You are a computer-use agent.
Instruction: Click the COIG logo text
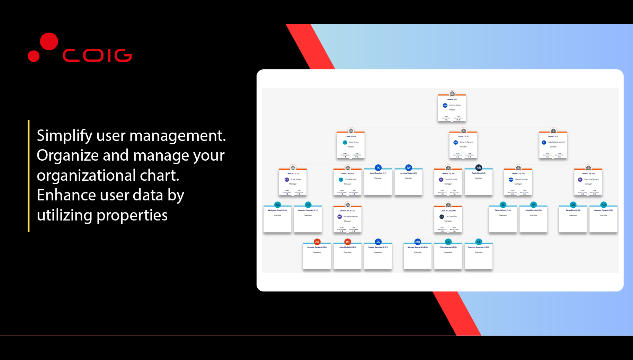click(x=97, y=55)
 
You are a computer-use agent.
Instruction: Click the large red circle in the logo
click(x=49, y=42)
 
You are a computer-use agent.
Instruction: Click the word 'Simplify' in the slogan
click(x=64, y=135)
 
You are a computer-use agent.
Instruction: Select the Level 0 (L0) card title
click(x=452, y=99)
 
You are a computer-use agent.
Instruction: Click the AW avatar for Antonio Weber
click(x=445, y=105)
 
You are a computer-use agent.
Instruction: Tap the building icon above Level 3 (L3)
click(x=553, y=131)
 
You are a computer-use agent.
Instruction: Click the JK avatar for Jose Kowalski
click(x=378, y=168)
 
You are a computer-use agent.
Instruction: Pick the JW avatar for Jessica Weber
click(x=409, y=168)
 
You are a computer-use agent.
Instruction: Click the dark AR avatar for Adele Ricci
click(x=479, y=168)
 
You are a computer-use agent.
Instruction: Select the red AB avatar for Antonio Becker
click(x=317, y=242)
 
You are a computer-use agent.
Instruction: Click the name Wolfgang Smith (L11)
click(x=277, y=210)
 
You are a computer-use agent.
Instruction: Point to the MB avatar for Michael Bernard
click(x=418, y=242)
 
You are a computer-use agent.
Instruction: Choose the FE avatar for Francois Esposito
click(x=479, y=242)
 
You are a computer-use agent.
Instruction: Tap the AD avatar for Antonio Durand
click(x=604, y=205)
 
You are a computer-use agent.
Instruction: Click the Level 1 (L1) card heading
click(x=350, y=136)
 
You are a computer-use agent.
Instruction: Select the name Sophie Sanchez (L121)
click(x=378, y=247)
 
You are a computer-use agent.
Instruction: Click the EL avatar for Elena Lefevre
click(x=503, y=205)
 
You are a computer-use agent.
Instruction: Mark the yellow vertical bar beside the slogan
click(x=29, y=176)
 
